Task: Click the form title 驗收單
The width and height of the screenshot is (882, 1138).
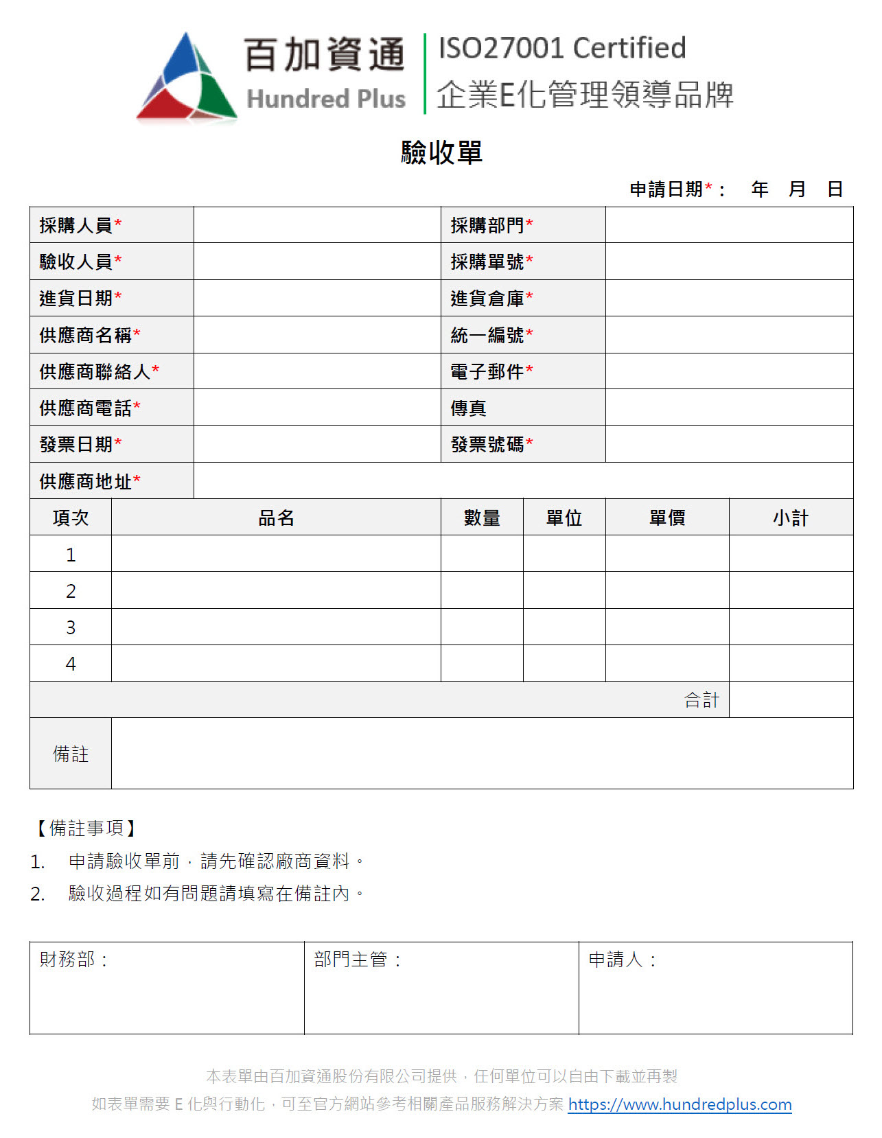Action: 441,152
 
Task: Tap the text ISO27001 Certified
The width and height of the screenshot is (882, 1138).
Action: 561,48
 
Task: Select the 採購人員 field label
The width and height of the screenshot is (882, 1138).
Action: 76,225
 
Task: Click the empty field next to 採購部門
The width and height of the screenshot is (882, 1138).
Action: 729,225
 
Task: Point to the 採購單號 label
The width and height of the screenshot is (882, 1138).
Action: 487,262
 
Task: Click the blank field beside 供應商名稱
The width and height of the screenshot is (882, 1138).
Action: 317,335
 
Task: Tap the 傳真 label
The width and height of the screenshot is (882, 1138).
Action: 469,408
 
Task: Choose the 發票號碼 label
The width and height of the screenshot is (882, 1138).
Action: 487,445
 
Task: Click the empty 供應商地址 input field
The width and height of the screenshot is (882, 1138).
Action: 523,481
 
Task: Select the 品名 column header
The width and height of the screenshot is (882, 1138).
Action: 276,518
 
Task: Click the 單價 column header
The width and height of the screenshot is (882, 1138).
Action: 667,518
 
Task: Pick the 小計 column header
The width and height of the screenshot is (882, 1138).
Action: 791,518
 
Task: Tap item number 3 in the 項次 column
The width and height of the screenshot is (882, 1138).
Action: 71,627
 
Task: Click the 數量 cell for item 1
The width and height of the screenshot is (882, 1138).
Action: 482,554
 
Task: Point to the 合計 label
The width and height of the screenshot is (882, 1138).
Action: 701,700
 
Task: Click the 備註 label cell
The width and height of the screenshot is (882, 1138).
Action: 71,754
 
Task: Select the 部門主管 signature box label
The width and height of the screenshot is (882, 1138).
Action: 351,960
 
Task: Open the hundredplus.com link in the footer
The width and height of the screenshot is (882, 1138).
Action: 680,1104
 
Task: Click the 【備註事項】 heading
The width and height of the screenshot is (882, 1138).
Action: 86,828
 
